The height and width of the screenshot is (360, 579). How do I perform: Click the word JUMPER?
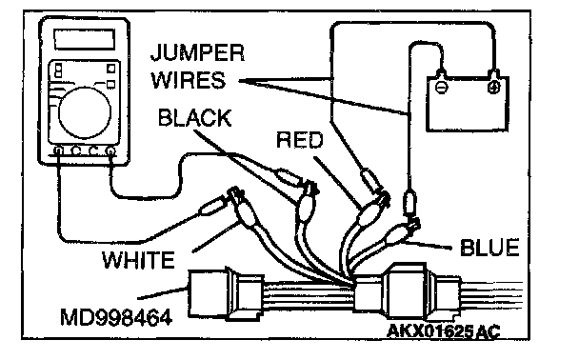197,53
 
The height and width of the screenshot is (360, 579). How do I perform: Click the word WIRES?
189,80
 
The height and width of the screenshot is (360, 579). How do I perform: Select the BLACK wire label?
194,118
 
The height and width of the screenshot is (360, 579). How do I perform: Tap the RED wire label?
299,140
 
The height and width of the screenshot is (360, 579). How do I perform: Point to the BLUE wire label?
489,248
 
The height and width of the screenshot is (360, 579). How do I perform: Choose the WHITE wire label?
138,260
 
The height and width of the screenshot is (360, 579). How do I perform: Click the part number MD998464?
116,317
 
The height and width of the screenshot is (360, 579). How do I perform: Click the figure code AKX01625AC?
444,330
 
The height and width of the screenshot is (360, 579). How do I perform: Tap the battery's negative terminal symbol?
441,88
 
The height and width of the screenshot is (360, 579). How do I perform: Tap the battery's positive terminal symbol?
493,88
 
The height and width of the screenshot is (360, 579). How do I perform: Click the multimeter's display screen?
84,39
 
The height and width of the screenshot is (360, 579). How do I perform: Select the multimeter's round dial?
85,112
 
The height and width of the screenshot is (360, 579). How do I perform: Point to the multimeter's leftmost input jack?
58,150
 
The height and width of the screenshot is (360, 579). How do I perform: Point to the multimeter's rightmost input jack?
110,150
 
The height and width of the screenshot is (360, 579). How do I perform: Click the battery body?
468,104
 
